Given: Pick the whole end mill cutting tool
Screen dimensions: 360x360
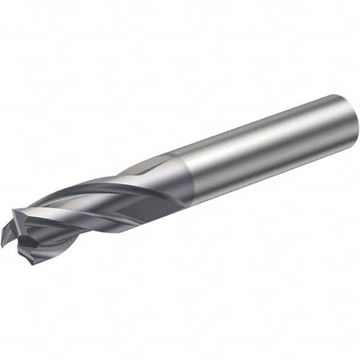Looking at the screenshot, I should pyautogui.click(x=180, y=180).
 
